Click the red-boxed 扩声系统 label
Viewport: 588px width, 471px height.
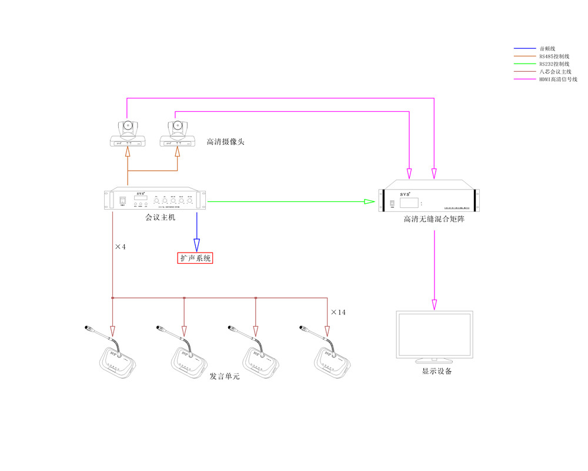pyautogui.click(x=195, y=258)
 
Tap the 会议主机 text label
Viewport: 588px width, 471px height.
pyautogui.click(x=161, y=218)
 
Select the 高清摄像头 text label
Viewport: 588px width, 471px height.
pyautogui.click(x=225, y=142)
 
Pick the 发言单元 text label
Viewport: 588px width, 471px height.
pyautogui.click(x=225, y=376)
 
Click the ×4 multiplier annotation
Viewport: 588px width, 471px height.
pyautogui.click(x=120, y=247)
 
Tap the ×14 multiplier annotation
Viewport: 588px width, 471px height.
pyautogui.click(x=338, y=312)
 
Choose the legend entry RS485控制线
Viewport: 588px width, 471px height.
pyautogui.click(x=554, y=56)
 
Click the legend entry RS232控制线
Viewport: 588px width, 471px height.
pyautogui.click(x=554, y=64)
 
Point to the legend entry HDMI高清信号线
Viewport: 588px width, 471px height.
pyautogui.click(x=558, y=79)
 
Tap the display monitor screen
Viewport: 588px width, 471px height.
pyautogui.click(x=435, y=333)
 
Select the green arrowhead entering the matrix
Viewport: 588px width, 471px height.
pyautogui.click(x=369, y=202)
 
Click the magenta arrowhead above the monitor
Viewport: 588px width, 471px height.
pyautogui.click(x=435, y=304)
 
